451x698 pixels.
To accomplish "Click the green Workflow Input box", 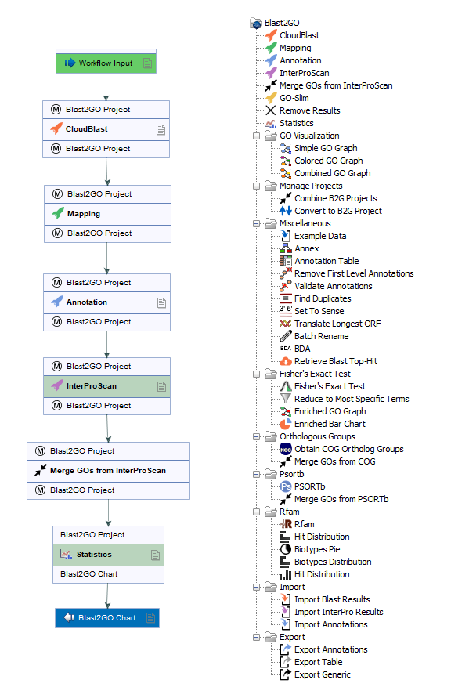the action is [106, 63].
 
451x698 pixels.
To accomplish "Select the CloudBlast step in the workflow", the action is [106, 129].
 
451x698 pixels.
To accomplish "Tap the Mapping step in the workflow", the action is [107, 214].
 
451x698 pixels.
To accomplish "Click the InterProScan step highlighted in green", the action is [106, 386].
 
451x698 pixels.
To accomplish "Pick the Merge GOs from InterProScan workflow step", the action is [108, 471].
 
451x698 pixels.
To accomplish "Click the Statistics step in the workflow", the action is [109, 555].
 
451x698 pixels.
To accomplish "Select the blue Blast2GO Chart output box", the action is [107, 618].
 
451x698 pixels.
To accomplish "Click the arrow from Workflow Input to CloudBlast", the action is [106, 87].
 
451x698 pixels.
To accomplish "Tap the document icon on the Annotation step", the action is [161, 302].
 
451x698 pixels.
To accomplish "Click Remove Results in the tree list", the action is [302, 110].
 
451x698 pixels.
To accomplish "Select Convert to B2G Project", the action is [330, 211].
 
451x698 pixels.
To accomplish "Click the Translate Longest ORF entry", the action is [330, 324].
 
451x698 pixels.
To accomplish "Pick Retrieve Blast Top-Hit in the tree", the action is [328, 361].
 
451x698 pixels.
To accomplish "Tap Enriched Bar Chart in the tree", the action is [323, 424].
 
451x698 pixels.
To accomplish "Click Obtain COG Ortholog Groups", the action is [341, 449].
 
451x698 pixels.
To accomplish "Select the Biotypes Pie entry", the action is [309, 549].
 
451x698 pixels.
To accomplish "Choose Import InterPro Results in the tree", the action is [331, 612].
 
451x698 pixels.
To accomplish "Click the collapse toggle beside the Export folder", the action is [256, 637].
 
